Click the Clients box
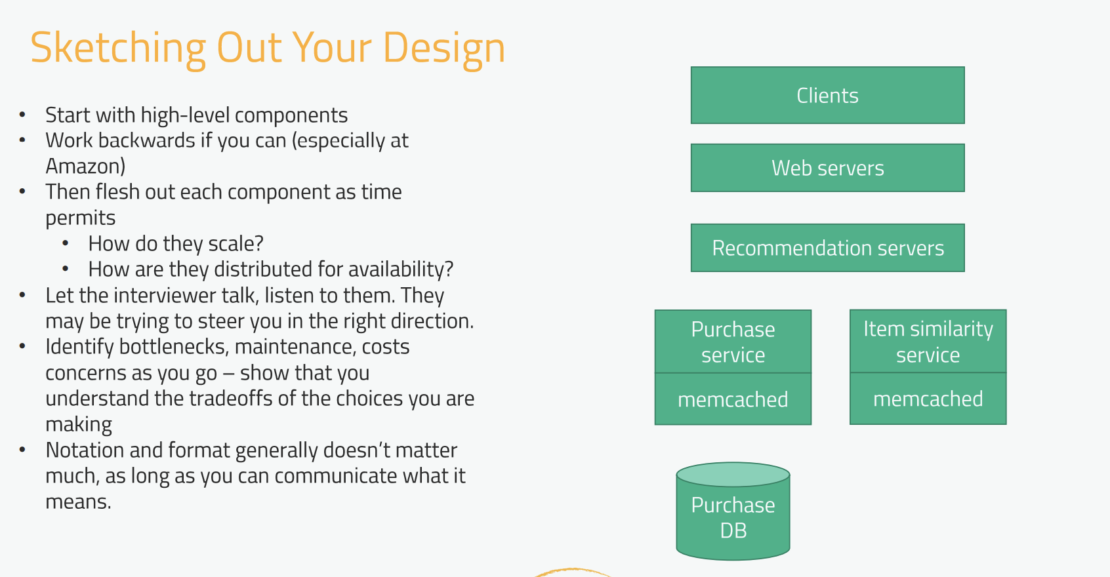[x=827, y=95]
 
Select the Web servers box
[x=827, y=168]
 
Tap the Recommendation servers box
[x=827, y=248]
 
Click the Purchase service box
[x=733, y=342]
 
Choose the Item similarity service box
[x=928, y=341]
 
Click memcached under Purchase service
[x=733, y=399]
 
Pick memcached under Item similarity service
[x=928, y=398]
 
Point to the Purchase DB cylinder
[x=733, y=511]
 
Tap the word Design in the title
[x=444, y=48]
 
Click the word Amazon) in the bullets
[x=85, y=166]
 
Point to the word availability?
[x=400, y=269]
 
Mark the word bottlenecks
[x=173, y=347]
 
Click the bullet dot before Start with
[x=22, y=115]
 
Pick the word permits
[x=80, y=218]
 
